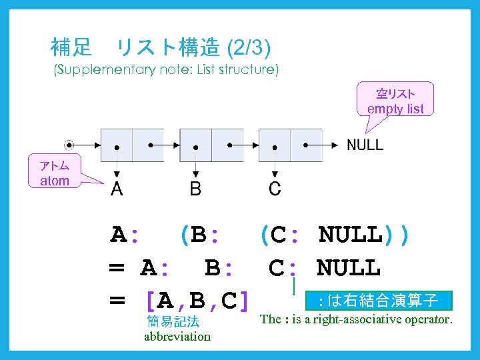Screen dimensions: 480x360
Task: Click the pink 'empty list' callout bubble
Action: click(395, 100)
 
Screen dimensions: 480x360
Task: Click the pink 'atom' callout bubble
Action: click(54, 172)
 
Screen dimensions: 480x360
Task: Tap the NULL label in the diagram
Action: click(365, 145)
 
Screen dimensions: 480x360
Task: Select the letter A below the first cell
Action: click(117, 189)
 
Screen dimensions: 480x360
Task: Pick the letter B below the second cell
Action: click(195, 189)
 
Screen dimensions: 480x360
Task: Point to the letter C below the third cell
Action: click(275, 189)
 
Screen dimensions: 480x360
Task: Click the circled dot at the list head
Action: click(69, 145)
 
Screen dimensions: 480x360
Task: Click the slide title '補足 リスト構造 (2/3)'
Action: click(161, 47)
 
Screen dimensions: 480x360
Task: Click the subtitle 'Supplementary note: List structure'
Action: click(166, 69)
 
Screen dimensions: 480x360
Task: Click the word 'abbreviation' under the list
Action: click(177, 336)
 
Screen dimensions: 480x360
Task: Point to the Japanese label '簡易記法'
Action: click(173, 321)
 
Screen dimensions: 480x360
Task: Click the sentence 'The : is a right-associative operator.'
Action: click(356, 319)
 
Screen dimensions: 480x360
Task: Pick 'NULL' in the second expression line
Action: click(348, 268)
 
